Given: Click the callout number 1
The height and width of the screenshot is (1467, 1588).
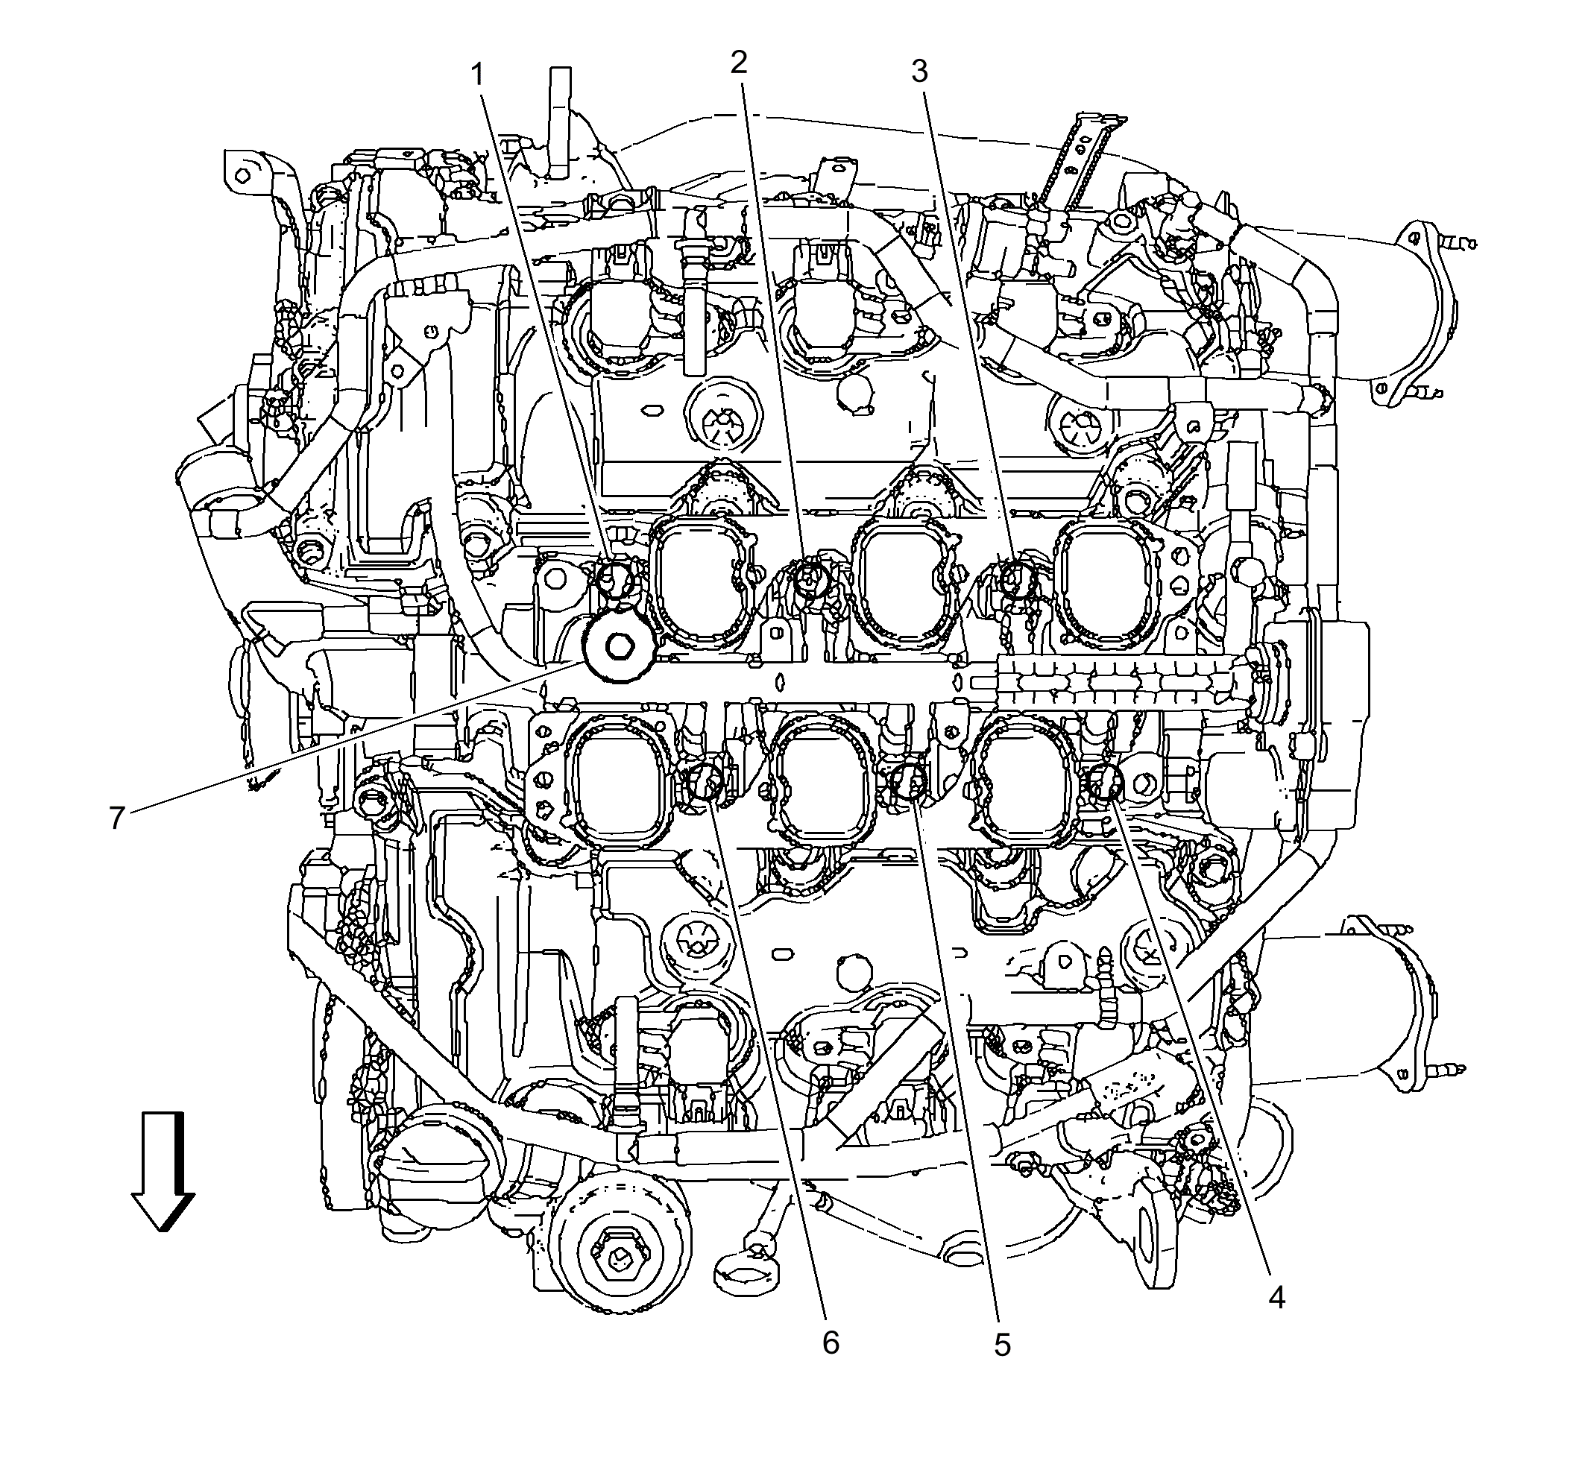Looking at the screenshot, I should point(477,76).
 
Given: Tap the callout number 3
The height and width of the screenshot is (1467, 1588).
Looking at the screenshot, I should point(919,72).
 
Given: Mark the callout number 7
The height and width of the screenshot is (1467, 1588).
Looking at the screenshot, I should point(118,818).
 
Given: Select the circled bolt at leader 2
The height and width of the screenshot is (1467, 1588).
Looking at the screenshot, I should point(810,579).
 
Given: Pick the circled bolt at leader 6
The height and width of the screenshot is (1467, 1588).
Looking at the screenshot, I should point(705,783).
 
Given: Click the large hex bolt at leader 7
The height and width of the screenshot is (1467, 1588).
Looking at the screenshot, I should point(618,647).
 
